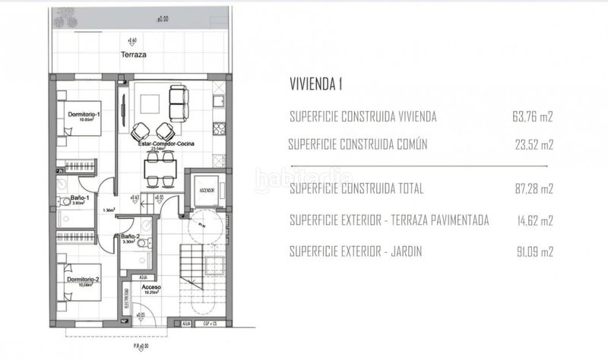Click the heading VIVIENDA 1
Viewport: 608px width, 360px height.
(x=316, y=84)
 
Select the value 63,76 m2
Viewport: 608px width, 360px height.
(x=533, y=117)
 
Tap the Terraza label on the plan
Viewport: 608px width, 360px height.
(x=132, y=55)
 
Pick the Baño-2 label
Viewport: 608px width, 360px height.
(x=129, y=237)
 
